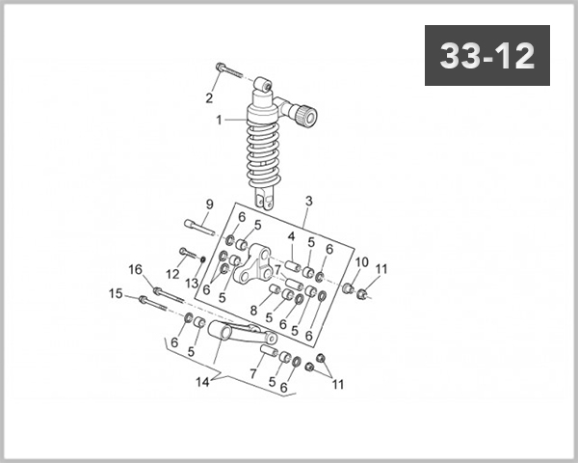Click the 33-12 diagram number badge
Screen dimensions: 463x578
pos(487,56)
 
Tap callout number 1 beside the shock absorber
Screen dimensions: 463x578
pos(219,121)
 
